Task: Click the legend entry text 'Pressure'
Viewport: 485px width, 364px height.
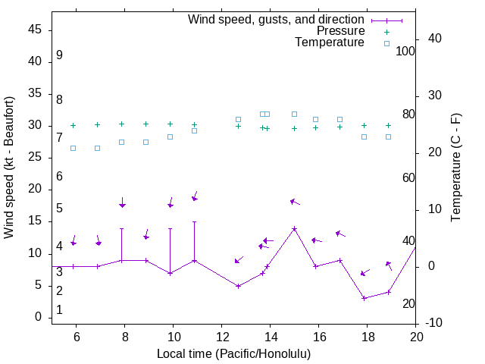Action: [x=340, y=31]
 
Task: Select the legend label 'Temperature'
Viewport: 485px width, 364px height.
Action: [x=330, y=42]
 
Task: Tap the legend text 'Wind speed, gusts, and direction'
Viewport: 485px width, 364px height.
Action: [x=277, y=19]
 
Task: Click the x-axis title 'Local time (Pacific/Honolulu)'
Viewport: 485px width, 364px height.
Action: [x=233, y=354]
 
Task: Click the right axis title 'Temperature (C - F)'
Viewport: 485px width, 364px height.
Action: [x=455, y=168]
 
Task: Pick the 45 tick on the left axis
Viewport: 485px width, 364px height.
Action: [x=35, y=30]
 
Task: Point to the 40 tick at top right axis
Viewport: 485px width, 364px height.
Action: [x=435, y=39]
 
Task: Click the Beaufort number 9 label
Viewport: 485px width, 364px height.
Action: [x=59, y=55]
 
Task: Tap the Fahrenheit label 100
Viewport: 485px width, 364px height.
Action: [x=405, y=51]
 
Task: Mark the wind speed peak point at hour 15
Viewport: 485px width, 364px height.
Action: [x=294, y=228]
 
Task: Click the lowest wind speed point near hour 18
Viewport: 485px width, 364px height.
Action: [x=365, y=298]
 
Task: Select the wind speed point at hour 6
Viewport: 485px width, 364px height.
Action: [x=74, y=266]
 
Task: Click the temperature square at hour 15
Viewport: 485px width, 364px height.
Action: [x=294, y=115]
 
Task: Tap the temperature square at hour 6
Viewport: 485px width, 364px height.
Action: [x=74, y=148]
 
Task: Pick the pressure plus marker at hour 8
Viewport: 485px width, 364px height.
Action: [x=122, y=124]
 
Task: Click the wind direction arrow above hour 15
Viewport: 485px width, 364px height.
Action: [x=295, y=202]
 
